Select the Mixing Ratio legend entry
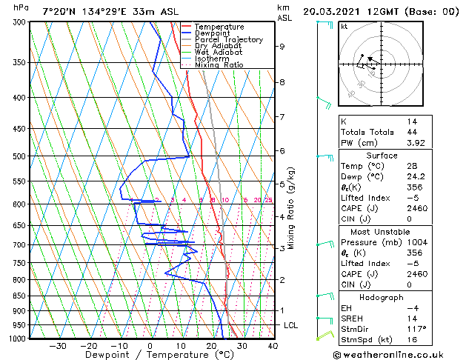point(219,65)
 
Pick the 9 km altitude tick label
point(282,46)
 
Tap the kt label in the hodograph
point(344,27)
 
